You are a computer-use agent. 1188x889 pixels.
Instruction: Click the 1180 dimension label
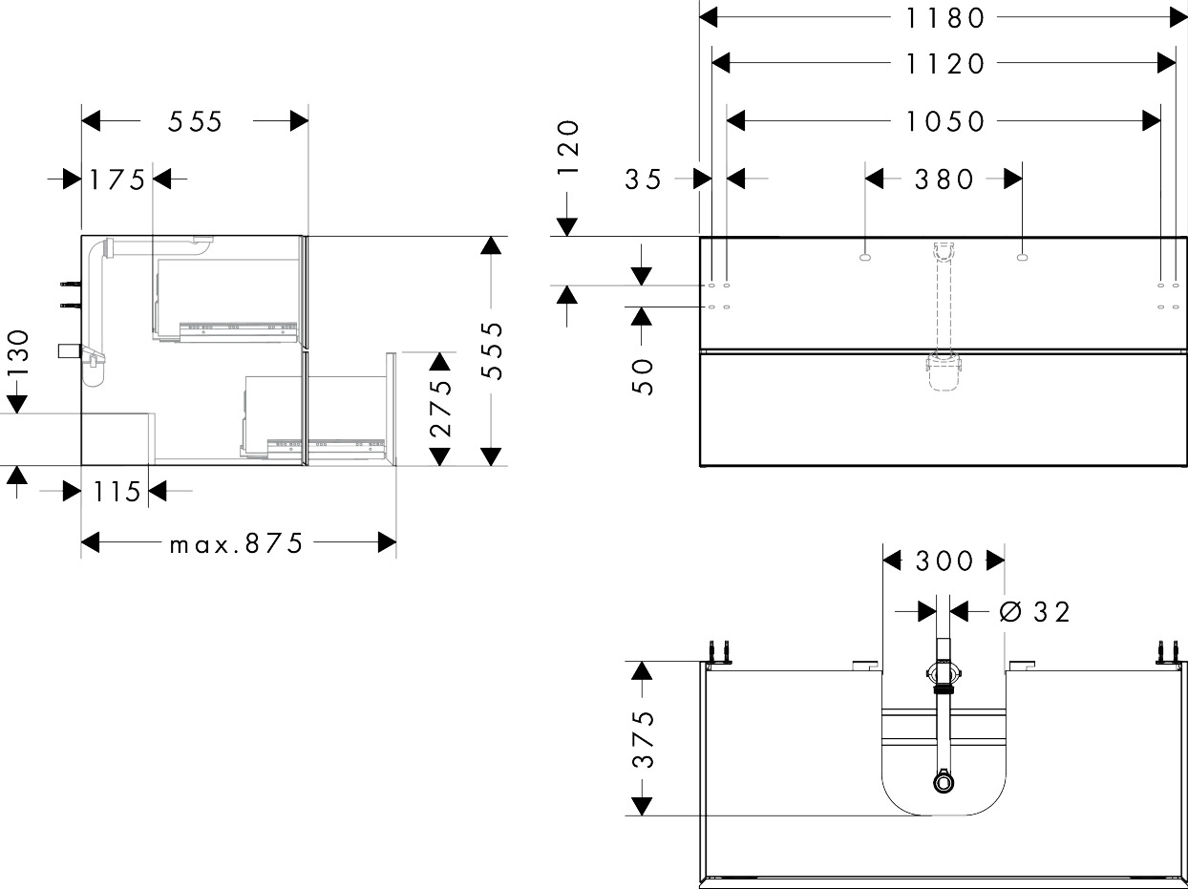pos(944,17)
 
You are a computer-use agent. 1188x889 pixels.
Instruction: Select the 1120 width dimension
pos(944,64)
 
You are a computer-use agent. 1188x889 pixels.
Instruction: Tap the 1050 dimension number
pos(944,121)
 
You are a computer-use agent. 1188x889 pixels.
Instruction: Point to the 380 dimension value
pos(944,179)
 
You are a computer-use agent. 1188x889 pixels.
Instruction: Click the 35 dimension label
pos(644,179)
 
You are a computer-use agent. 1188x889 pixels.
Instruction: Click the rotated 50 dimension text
pos(643,376)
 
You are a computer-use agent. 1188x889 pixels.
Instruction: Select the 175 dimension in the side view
pos(117,179)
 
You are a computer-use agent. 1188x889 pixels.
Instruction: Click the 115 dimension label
pos(117,492)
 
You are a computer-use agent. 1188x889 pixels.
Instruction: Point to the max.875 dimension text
pos(236,543)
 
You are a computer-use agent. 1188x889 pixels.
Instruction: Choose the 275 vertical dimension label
pos(439,409)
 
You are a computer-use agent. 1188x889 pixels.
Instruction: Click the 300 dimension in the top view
pos(944,561)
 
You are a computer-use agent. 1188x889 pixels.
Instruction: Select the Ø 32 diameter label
pos(1035,611)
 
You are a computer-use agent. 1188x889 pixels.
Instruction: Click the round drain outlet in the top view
pos(944,782)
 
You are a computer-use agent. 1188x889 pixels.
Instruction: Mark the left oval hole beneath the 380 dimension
pos(865,256)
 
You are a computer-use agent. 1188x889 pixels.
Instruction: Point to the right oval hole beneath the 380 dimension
pos(1022,256)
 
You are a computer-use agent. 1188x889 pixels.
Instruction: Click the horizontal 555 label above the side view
pos(195,121)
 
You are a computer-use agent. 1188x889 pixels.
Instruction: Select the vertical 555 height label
pos(491,350)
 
